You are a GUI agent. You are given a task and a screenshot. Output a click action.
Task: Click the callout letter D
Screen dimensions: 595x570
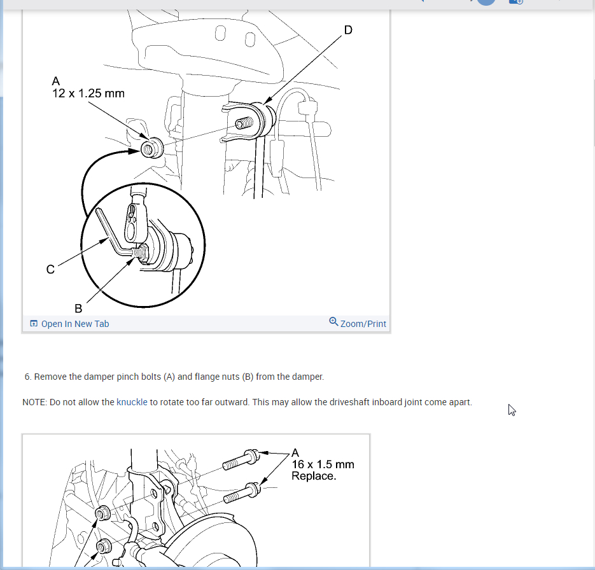coord(348,30)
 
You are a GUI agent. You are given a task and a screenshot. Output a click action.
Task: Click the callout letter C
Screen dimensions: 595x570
coord(50,269)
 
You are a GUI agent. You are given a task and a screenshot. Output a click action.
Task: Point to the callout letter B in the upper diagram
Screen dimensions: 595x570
coord(78,309)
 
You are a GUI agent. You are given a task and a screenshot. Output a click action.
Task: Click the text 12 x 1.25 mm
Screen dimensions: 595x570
coord(88,94)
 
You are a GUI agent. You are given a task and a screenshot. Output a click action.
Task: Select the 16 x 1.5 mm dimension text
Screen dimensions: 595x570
coord(323,464)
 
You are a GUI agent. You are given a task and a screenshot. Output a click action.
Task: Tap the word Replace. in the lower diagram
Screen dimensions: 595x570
coord(314,476)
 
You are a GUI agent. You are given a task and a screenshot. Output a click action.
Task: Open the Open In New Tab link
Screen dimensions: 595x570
coord(74,324)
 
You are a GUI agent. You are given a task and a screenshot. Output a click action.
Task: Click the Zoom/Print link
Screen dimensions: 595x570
coord(363,324)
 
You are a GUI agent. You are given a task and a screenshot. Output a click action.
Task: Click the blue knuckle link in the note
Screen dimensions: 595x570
coord(132,402)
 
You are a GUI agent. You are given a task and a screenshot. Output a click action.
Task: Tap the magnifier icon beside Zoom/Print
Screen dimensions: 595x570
coord(333,322)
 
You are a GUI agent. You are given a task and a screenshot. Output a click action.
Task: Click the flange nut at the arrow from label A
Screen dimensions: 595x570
coord(152,148)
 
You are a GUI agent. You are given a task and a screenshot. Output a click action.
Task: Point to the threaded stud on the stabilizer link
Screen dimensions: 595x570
coord(244,123)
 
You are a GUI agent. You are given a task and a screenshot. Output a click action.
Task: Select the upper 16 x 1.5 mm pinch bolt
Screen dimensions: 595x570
coord(241,459)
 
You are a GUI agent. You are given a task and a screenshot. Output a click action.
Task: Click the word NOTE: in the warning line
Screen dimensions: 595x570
coord(34,402)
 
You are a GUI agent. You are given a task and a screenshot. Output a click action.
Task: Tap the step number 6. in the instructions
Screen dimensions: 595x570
coord(28,377)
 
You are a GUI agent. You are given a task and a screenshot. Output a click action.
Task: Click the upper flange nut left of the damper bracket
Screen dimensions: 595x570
coord(102,513)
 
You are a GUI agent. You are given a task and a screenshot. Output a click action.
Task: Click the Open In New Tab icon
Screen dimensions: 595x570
coord(34,324)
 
